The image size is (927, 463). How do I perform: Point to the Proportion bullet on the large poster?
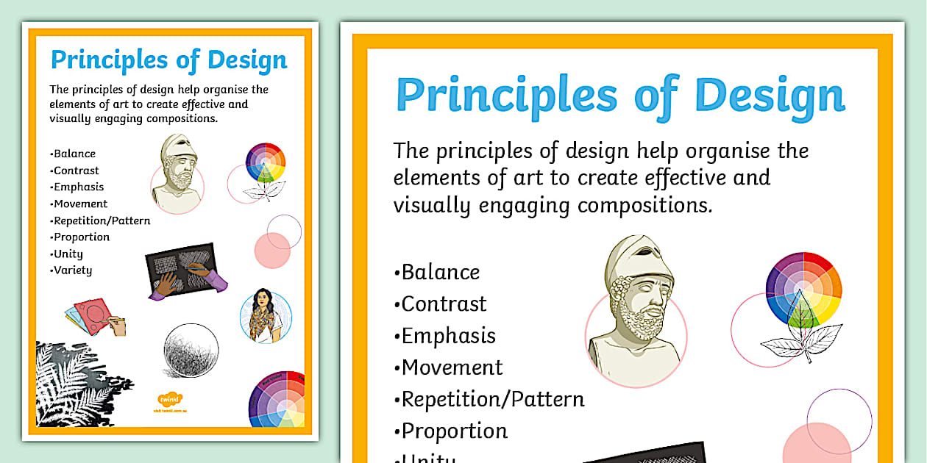click(x=454, y=431)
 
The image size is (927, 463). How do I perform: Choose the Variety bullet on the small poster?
click(x=72, y=270)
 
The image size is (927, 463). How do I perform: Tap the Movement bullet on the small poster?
click(x=79, y=204)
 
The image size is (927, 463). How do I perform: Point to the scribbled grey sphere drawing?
click(x=191, y=351)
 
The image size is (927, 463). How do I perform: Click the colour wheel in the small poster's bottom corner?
click(x=277, y=400)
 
